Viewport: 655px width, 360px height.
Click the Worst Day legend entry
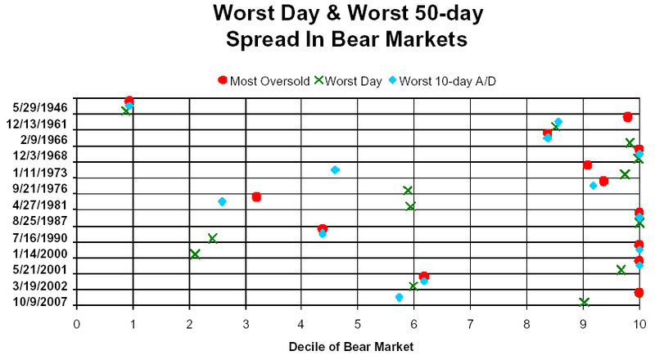click(347, 79)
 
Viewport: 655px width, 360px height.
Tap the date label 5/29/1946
click(41, 107)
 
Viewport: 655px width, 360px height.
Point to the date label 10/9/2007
click(41, 303)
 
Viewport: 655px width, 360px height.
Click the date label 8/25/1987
click(41, 221)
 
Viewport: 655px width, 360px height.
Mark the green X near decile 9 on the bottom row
click(584, 303)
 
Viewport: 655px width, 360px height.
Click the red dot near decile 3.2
click(256, 196)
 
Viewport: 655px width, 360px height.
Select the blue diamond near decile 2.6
click(222, 201)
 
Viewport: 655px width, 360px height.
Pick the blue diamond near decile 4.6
click(335, 170)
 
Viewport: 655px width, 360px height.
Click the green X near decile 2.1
click(195, 254)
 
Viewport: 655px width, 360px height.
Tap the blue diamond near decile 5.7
click(399, 297)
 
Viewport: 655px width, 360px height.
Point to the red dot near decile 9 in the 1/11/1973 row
click(587, 165)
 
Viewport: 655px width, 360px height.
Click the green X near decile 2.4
click(212, 238)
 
